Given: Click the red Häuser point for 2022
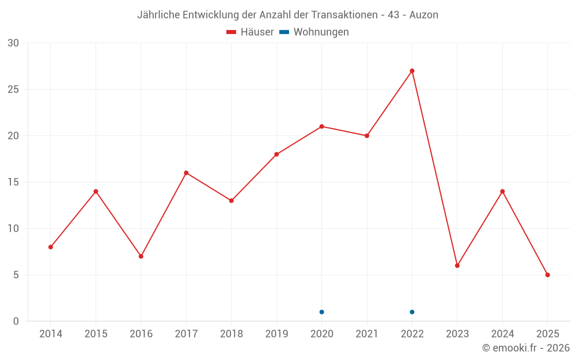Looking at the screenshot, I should (x=412, y=71).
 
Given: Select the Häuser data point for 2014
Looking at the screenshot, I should (x=51, y=247).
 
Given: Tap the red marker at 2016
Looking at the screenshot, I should (x=141, y=256).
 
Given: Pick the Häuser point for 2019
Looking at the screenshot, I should (x=276, y=154).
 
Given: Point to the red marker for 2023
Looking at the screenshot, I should (x=457, y=266).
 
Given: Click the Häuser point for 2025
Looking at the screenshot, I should (x=547, y=275).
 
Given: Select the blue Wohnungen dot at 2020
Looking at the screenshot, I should (x=321, y=312).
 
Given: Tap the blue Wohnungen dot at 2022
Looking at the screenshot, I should (x=412, y=312).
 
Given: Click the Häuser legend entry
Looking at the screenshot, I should (x=250, y=32).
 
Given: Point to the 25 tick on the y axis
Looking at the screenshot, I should (x=13, y=89).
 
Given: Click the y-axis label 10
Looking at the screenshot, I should (x=13, y=229).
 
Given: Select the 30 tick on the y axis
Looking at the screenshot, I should (x=13, y=43).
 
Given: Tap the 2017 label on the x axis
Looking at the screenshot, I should (x=186, y=334).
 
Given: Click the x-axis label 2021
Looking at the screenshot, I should (x=367, y=334).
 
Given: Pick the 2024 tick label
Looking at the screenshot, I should (x=502, y=334).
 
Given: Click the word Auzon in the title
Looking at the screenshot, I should (x=423, y=15).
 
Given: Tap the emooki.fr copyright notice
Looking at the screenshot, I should (x=526, y=348).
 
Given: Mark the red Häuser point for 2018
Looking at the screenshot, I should (x=232, y=200).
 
